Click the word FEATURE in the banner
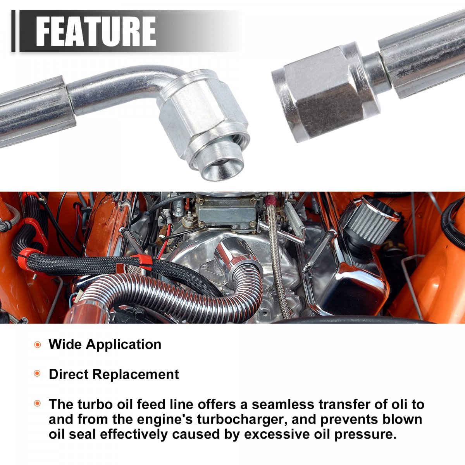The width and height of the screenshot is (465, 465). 96,31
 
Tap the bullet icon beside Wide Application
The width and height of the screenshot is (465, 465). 38,344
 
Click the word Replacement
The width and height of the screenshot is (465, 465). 136,374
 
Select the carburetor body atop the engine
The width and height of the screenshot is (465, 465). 227,212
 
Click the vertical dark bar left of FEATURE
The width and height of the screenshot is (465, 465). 13,31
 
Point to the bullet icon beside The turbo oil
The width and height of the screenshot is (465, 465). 38,403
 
